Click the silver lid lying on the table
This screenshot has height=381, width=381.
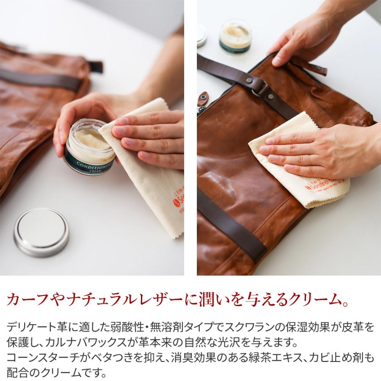(41, 232)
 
